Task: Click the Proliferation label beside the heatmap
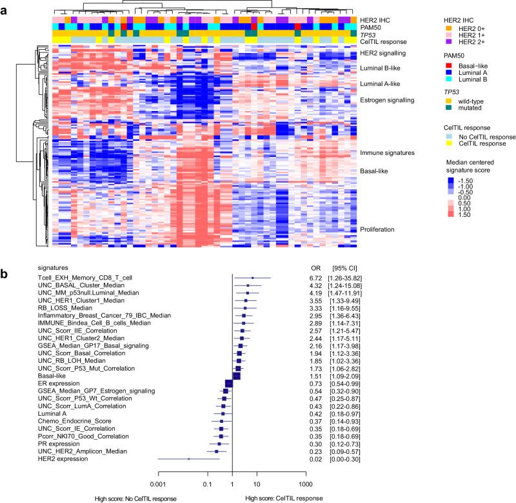click(x=377, y=229)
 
